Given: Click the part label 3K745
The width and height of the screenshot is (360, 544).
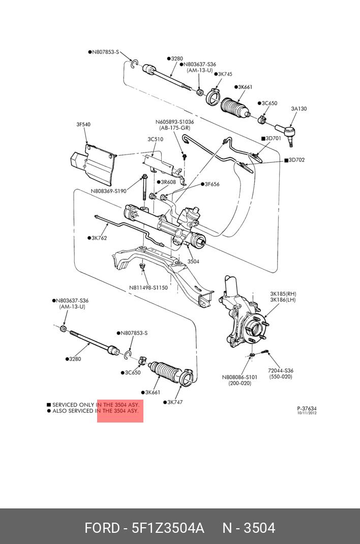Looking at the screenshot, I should tap(224, 74).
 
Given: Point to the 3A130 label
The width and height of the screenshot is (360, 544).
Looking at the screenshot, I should tap(298, 108).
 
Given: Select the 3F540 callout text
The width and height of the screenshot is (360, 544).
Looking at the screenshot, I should tap(83, 125).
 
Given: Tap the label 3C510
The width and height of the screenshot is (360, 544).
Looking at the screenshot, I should tap(156, 139).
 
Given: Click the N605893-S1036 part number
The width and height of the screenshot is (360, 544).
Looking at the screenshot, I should tap(174, 122).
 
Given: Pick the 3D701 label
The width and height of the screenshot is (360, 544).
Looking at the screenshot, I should tap(273, 138).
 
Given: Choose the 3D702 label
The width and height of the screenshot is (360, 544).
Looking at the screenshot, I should tap(296, 160).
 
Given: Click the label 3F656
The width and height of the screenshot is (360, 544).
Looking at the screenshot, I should tap(212, 184).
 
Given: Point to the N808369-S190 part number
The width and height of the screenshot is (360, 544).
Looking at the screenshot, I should tap(108, 191).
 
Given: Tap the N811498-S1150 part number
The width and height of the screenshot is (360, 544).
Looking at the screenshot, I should tap(148, 287).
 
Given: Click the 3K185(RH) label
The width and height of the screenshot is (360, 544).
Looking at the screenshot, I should tap(283, 293).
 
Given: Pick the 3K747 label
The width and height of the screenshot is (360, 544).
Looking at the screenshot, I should tap(174, 402).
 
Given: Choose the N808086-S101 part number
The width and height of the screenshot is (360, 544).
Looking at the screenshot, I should tap(239, 377).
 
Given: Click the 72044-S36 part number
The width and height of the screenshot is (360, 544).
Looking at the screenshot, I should tap(281, 371).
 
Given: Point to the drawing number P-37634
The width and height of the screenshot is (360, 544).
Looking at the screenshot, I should tap(307, 408).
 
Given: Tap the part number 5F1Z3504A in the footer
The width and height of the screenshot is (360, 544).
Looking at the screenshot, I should tap(168, 528).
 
